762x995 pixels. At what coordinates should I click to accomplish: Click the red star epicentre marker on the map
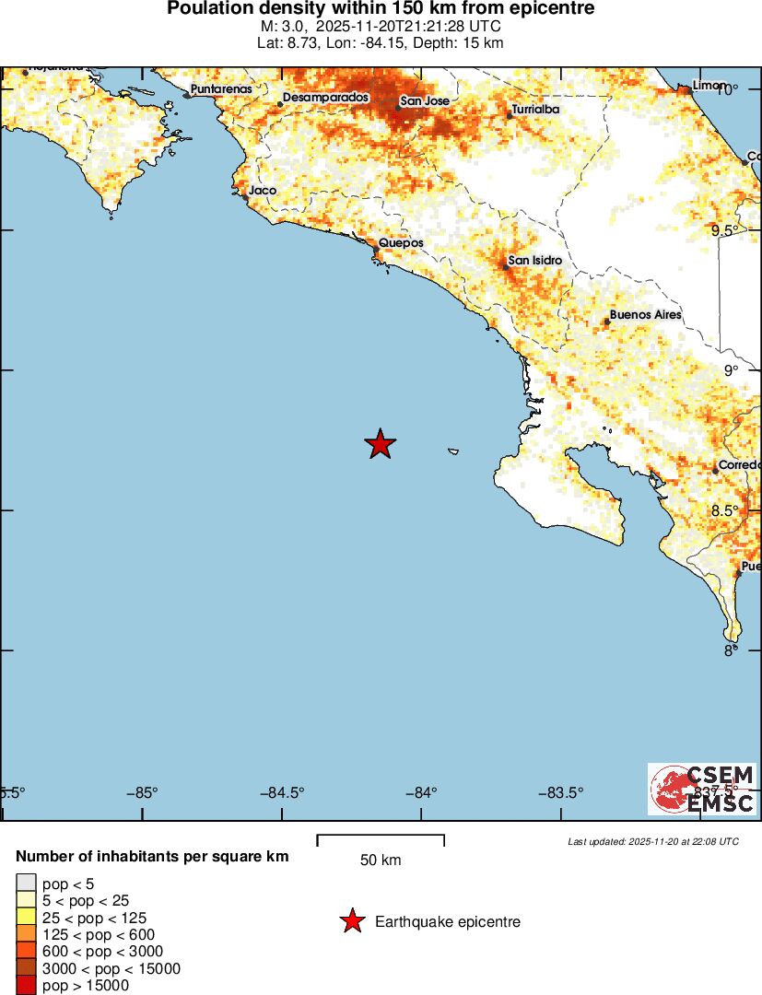(380, 444)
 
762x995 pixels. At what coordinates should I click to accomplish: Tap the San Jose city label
(425, 100)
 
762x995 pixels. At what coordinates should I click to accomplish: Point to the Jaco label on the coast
(263, 191)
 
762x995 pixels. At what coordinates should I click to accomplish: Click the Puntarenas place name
(221, 89)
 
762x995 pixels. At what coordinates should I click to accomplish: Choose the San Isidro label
(534, 261)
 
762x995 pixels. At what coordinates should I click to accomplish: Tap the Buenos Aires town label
(645, 315)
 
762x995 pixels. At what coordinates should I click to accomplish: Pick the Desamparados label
(325, 97)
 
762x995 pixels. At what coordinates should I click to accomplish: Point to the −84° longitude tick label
(422, 791)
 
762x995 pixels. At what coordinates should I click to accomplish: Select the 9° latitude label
(731, 370)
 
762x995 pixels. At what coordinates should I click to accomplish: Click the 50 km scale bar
(381, 840)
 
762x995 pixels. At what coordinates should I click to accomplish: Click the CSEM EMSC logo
(702, 789)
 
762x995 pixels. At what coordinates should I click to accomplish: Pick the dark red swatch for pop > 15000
(26, 986)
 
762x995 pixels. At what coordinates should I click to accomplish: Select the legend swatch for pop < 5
(26, 883)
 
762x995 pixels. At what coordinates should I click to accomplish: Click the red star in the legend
(351, 921)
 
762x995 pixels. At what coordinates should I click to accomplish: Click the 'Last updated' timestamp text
(652, 841)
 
